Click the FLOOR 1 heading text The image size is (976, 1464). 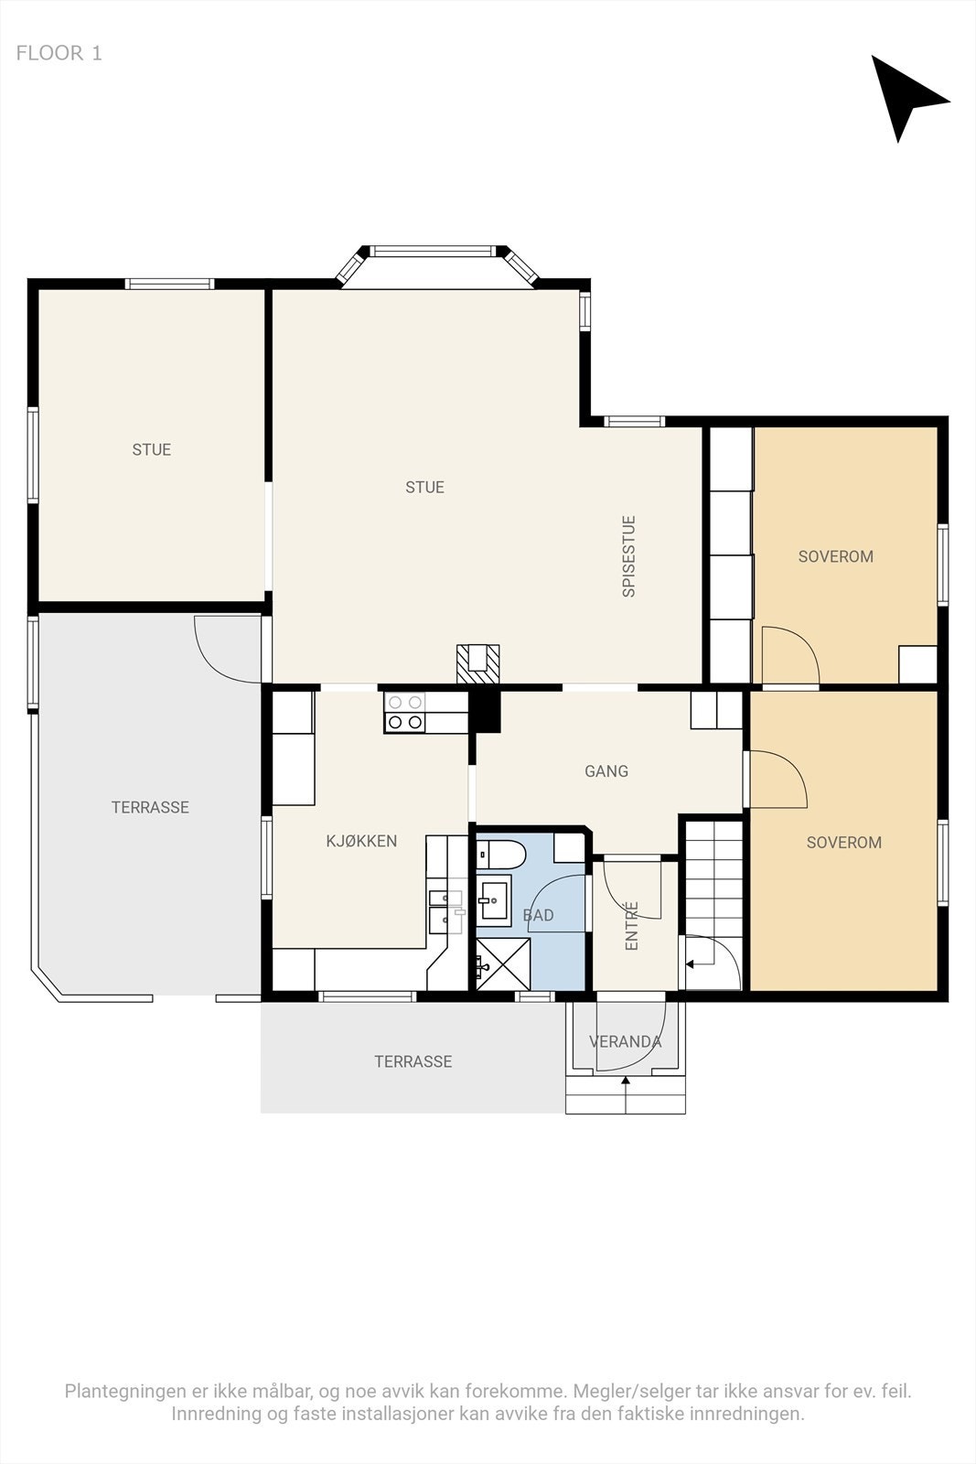coord(59,53)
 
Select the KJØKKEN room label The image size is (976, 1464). coord(361,841)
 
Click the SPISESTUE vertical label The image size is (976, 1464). coord(628,556)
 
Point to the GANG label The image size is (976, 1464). coord(606,771)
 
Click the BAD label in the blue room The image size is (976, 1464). coord(538,915)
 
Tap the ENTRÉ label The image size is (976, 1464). coord(631,925)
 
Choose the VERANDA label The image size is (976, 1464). coord(625,1041)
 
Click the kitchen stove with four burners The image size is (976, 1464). coord(404,713)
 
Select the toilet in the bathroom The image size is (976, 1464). coord(500,855)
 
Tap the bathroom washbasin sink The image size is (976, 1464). coord(495,900)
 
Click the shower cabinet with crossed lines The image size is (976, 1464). coord(503,964)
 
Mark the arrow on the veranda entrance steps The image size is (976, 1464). coord(626,1094)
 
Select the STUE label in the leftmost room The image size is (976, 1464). coord(152,449)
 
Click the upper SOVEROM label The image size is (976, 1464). coord(835,556)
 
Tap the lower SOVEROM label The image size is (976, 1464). coord(844,842)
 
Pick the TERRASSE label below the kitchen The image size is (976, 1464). coord(413,1061)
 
